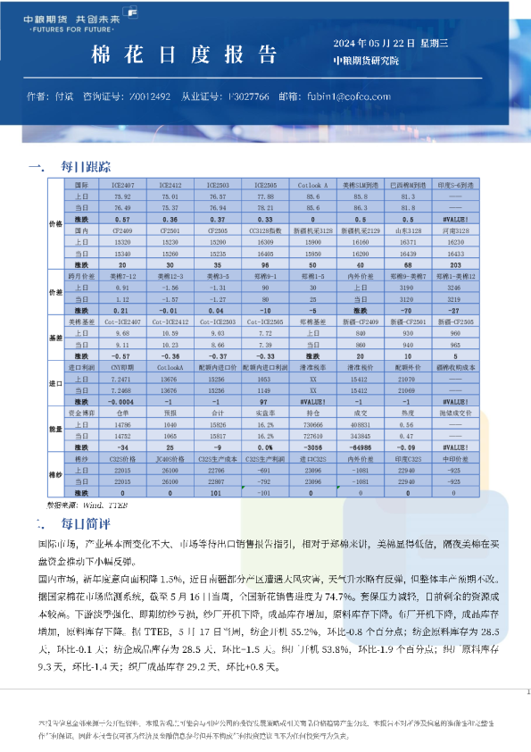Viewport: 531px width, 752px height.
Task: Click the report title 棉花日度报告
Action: [x=185, y=55]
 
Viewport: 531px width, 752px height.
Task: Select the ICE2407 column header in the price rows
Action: [x=122, y=185]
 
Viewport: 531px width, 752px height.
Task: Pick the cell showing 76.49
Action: [x=122, y=206]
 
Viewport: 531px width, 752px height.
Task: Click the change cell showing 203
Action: [x=456, y=263]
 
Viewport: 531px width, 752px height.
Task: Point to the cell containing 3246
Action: [x=456, y=288]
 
